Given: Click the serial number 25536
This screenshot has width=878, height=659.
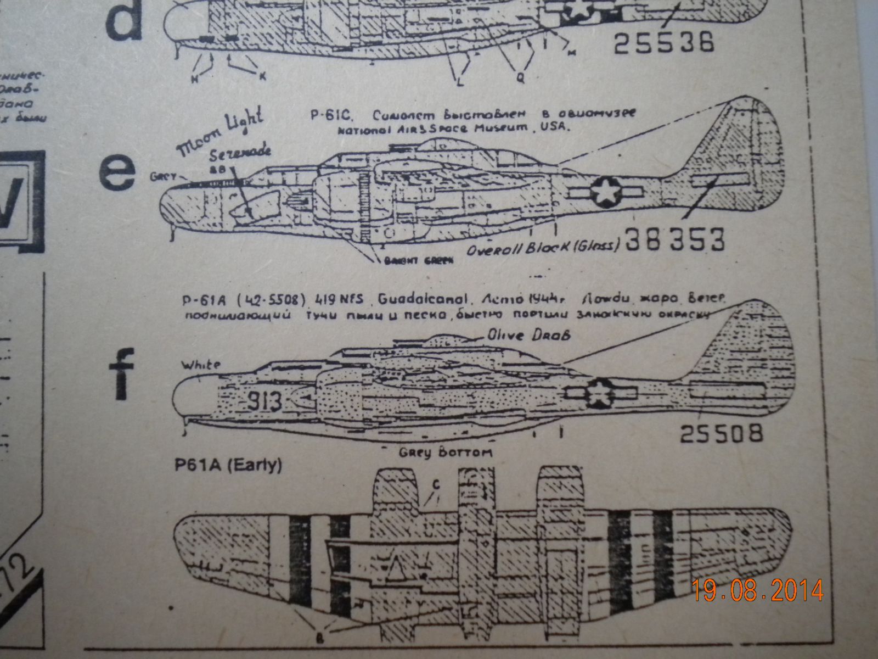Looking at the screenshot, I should (x=663, y=42).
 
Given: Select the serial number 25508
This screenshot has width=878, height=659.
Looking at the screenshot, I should (x=721, y=433).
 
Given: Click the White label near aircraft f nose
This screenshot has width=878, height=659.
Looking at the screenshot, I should (x=202, y=365).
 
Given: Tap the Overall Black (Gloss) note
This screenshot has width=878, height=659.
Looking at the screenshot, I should (x=543, y=247).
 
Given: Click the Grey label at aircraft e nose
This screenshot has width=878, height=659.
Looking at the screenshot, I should (x=164, y=177).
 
